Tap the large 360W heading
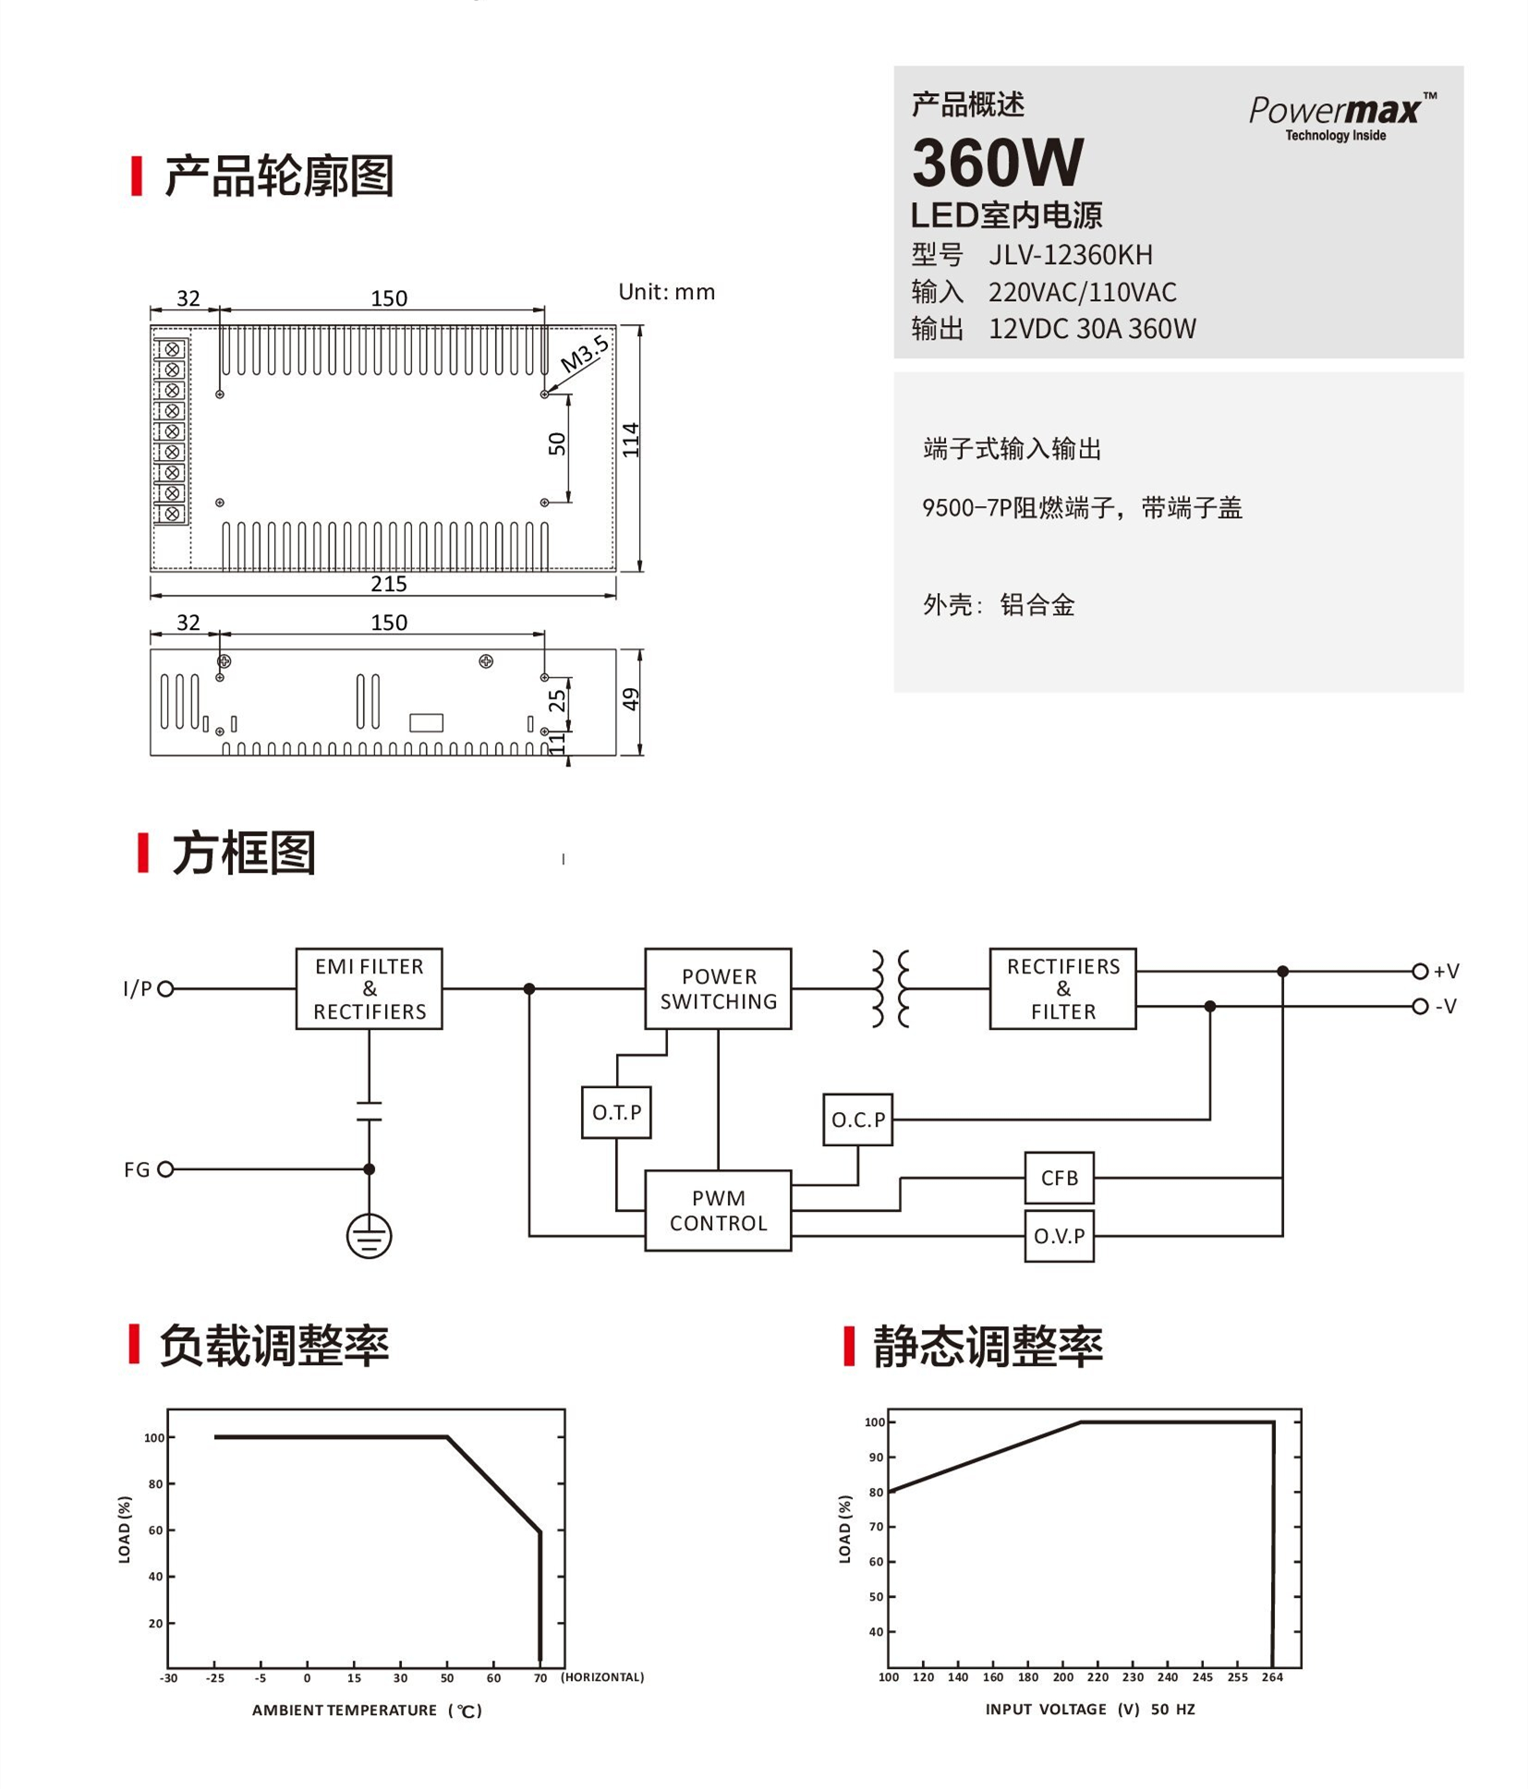[x=997, y=163]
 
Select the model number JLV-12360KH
[x=1070, y=254]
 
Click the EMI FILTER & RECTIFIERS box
[x=369, y=988]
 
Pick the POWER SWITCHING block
[x=718, y=988]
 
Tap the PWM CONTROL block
[x=718, y=1210]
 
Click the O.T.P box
[x=616, y=1112]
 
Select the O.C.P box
[x=857, y=1119]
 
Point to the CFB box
[x=1059, y=1178]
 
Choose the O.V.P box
[x=1059, y=1236]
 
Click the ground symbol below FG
[x=369, y=1236]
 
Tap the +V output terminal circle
[x=1420, y=971]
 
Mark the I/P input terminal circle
[x=165, y=989]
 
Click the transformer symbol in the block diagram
[x=891, y=988]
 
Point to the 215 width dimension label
[x=388, y=584]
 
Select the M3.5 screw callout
[x=584, y=354]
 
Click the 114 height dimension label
[x=630, y=440]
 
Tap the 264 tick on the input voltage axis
[x=1272, y=1676]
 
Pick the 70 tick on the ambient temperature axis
[x=540, y=1677]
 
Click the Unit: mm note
[x=666, y=292]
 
